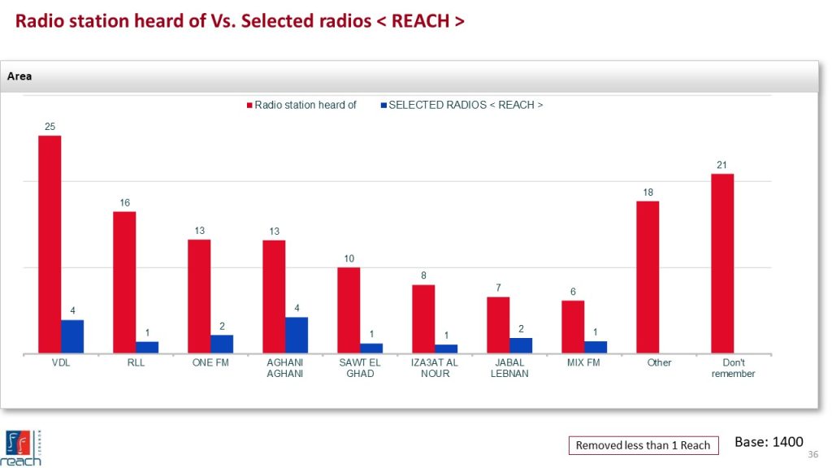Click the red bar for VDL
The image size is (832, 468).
coord(50,244)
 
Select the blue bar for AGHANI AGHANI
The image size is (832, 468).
coord(297,335)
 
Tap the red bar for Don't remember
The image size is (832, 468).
coord(722,263)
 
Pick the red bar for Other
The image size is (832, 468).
coord(648,277)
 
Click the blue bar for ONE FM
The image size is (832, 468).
coord(222,344)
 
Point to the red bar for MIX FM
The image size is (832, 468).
coord(573,327)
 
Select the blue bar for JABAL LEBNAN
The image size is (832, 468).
coord(521,345)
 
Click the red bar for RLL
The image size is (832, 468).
coord(124,282)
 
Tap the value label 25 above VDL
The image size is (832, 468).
coord(50,127)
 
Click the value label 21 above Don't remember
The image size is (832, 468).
coord(721,165)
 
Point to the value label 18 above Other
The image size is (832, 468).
coord(648,193)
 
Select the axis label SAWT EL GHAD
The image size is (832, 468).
coord(360,368)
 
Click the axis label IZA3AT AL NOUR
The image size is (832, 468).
coord(435,368)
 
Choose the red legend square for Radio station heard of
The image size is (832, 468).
coord(249,105)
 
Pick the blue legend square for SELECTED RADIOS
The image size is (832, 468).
coord(383,105)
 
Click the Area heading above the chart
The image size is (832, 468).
coord(19,76)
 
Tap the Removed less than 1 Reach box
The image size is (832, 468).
coord(643,445)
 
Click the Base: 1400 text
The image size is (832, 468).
coord(769,442)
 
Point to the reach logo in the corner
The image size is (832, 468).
coord(23,448)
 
